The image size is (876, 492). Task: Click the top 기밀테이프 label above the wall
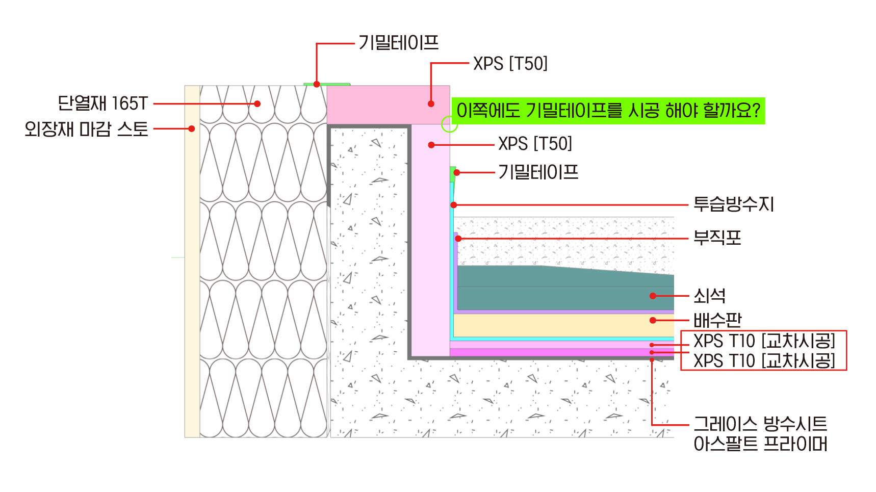[398, 43]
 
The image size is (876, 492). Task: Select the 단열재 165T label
[102, 103]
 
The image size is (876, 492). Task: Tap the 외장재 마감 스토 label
[86, 129]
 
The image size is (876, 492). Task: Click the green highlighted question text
[608, 111]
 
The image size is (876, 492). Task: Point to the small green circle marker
[449, 124]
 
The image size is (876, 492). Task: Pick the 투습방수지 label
[733, 204]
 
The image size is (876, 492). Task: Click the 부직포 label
[717, 238]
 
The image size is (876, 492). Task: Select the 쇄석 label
[709, 296]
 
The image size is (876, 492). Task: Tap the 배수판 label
[717, 320]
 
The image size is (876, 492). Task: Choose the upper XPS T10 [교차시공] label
[764, 341]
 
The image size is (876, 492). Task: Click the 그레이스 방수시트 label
[760, 424]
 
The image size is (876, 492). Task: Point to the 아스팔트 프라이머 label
[760, 444]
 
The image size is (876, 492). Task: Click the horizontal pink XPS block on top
[388, 105]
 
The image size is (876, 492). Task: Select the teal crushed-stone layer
[561, 288]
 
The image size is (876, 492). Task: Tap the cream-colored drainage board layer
[561, 325]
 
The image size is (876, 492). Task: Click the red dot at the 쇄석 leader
[653, 296]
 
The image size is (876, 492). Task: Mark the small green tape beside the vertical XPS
[452, 174]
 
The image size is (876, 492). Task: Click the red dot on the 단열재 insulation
[257, 103]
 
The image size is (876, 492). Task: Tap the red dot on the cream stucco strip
[192, 128]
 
